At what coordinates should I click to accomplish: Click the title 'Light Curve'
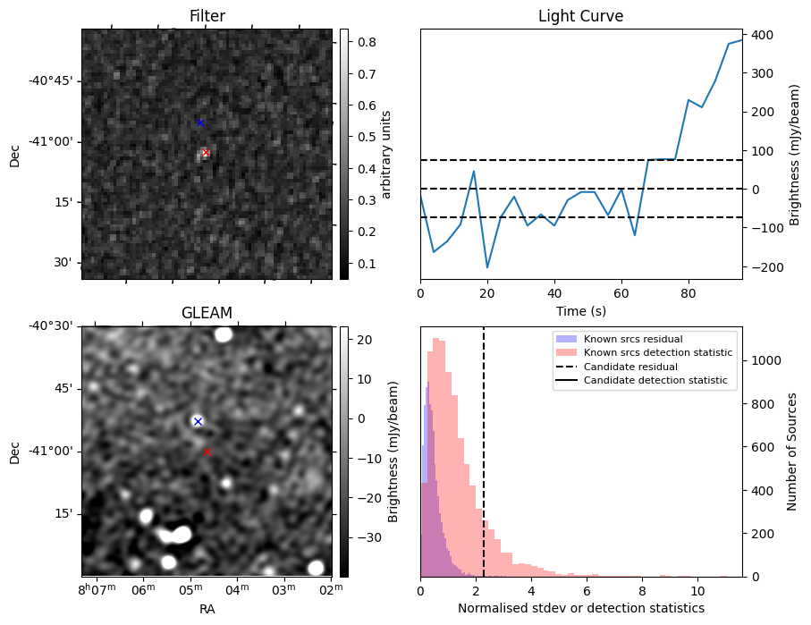tap(580, 17)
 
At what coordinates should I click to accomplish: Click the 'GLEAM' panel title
tap(207, 313)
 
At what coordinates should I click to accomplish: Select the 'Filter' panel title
tap(207, 17)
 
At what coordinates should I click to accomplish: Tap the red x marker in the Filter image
tap(206, 153)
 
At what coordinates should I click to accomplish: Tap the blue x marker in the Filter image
tap(200, 122)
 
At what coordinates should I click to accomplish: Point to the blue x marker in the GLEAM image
tap(198, 421)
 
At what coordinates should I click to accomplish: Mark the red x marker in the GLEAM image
tap(207, 452)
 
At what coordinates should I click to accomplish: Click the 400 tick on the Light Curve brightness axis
tap(762, 35)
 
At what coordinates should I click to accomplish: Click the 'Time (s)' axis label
tap(580, 311)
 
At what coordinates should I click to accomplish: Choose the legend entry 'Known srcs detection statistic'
tap(657, 353)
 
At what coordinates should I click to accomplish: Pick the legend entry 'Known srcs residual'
tap(632, 340)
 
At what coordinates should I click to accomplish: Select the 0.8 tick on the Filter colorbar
tap(364, 42)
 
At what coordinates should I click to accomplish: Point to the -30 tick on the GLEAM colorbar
tap(366, 537)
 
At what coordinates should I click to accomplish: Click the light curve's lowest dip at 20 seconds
tap(487, 267)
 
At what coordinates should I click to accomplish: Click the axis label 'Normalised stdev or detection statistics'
tap(580, 608)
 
